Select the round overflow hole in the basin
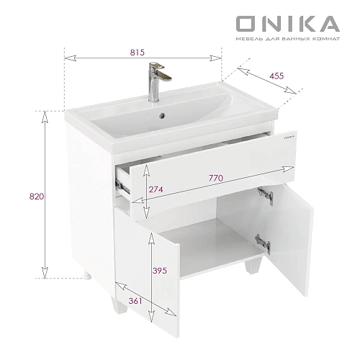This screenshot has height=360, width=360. (x=162, y=112)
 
